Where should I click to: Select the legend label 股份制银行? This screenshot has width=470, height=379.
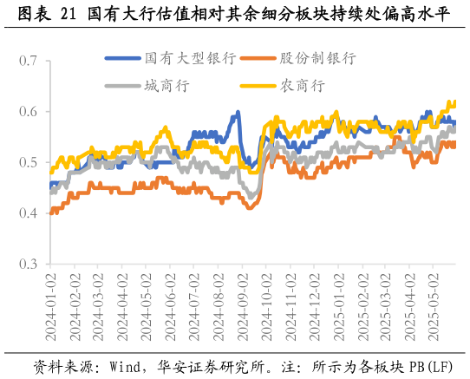click(x=317, y=58)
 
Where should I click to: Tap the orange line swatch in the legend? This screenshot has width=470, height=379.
click(x=257, y=58)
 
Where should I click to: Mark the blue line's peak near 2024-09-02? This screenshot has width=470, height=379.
click(x=238, y=113)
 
